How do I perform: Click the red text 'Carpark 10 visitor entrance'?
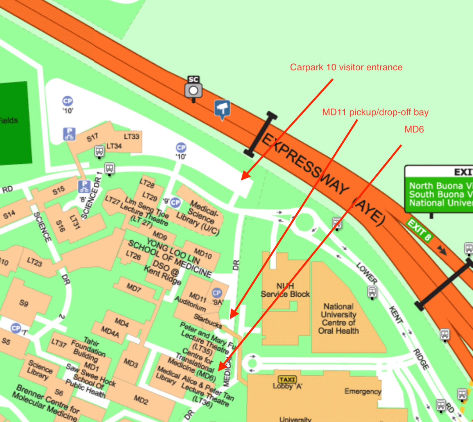coord(346,67)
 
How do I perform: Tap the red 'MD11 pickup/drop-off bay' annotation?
coord(375,113)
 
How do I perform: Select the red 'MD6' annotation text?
coord(414,129)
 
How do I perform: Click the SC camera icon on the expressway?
coord(193,89)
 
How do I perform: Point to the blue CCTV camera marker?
coord(222,109)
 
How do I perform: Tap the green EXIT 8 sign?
coord(419,231)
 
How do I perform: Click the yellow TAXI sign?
coord(287,379)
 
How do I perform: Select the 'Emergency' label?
coord(362,391)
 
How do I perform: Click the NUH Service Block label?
coord(285,290)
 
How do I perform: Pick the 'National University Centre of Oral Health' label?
coord(339,318)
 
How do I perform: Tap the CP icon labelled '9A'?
coord(217,293)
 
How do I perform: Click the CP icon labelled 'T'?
coord(16,328)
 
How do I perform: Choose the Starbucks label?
coord(208,321)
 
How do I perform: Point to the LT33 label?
coord(132,136)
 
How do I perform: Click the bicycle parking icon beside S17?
coord(69,134)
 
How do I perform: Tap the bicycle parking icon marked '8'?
coord(84,186)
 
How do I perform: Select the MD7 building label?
coord(134,288)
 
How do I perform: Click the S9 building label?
coord(24,303)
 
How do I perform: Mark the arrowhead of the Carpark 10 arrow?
coord(243,178)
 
